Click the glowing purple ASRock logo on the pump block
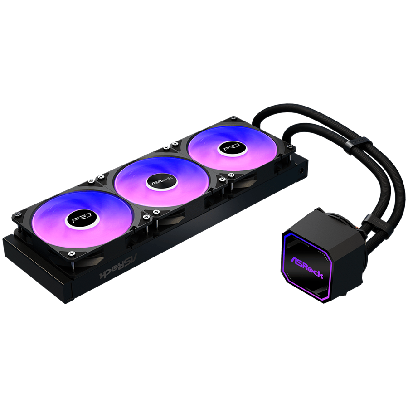pyautogui.click(x=307, y=267)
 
